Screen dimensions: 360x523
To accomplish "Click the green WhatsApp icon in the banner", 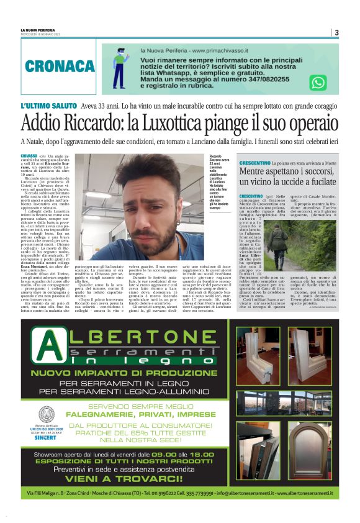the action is click(x=318, y=82).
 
